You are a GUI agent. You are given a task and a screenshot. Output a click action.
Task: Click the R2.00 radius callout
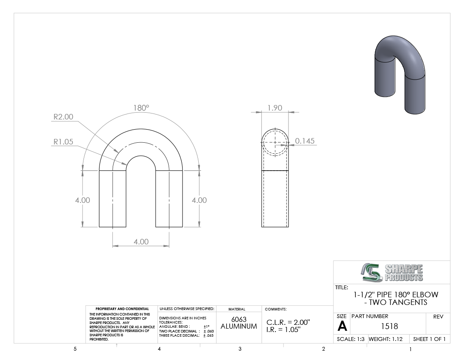63,117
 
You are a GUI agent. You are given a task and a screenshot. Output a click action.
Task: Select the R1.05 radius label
63,142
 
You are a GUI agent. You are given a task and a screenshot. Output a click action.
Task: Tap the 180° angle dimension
141,108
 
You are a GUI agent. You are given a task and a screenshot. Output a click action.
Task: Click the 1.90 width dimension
275,108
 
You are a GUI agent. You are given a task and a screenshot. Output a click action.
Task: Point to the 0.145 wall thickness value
305,141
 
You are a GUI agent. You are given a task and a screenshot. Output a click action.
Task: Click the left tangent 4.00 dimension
82,200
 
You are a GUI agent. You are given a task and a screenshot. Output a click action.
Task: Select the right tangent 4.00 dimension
199,200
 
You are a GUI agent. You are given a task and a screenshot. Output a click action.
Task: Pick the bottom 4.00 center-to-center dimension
141,241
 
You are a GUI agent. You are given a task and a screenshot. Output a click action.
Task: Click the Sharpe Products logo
392,272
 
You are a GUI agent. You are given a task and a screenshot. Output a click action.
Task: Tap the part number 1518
389,327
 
